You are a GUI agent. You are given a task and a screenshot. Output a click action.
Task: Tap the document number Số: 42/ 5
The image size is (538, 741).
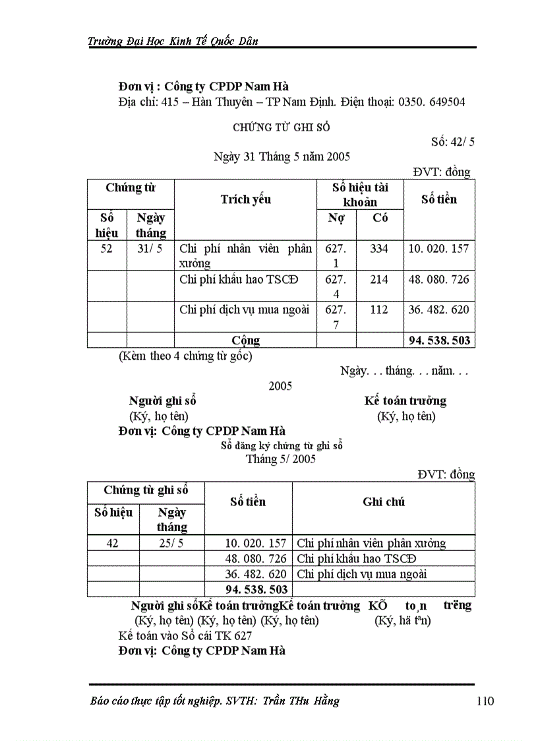pos(453,141)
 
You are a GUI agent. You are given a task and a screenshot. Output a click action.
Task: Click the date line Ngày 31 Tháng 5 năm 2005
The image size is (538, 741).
pos(282,156)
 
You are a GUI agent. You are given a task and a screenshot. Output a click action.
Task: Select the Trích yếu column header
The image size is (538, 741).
pos(245,199)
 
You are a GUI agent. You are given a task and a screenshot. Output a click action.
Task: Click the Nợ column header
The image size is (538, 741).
pos(336,218)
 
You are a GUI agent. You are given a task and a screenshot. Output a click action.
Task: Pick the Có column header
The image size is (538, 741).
pos(380,218)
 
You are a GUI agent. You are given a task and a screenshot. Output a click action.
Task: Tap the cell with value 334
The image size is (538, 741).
pos(379,249)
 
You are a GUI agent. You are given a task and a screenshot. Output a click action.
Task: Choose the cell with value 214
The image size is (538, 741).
pos(379,279)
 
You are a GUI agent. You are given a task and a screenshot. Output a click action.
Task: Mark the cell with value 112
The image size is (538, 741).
pos(379,309)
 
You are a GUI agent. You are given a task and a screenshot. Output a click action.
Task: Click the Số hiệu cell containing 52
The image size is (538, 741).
pos(107,249)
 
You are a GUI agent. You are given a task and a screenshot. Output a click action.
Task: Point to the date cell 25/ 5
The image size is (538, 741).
pos(171,543)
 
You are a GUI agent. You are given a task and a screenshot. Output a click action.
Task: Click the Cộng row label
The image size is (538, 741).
pos(245,340)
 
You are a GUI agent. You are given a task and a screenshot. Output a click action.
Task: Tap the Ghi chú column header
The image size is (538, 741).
pos(383,501)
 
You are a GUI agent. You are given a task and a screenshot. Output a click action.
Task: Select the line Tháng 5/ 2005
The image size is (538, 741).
pos(281,459)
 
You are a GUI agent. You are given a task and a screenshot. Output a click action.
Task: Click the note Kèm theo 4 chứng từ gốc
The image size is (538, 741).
pos(185,356)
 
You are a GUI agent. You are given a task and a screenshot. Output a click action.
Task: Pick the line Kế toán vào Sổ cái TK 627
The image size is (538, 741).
pos(185,635)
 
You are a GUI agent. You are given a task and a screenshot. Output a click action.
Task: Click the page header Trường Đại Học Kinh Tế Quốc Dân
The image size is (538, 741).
pos(173,41)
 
